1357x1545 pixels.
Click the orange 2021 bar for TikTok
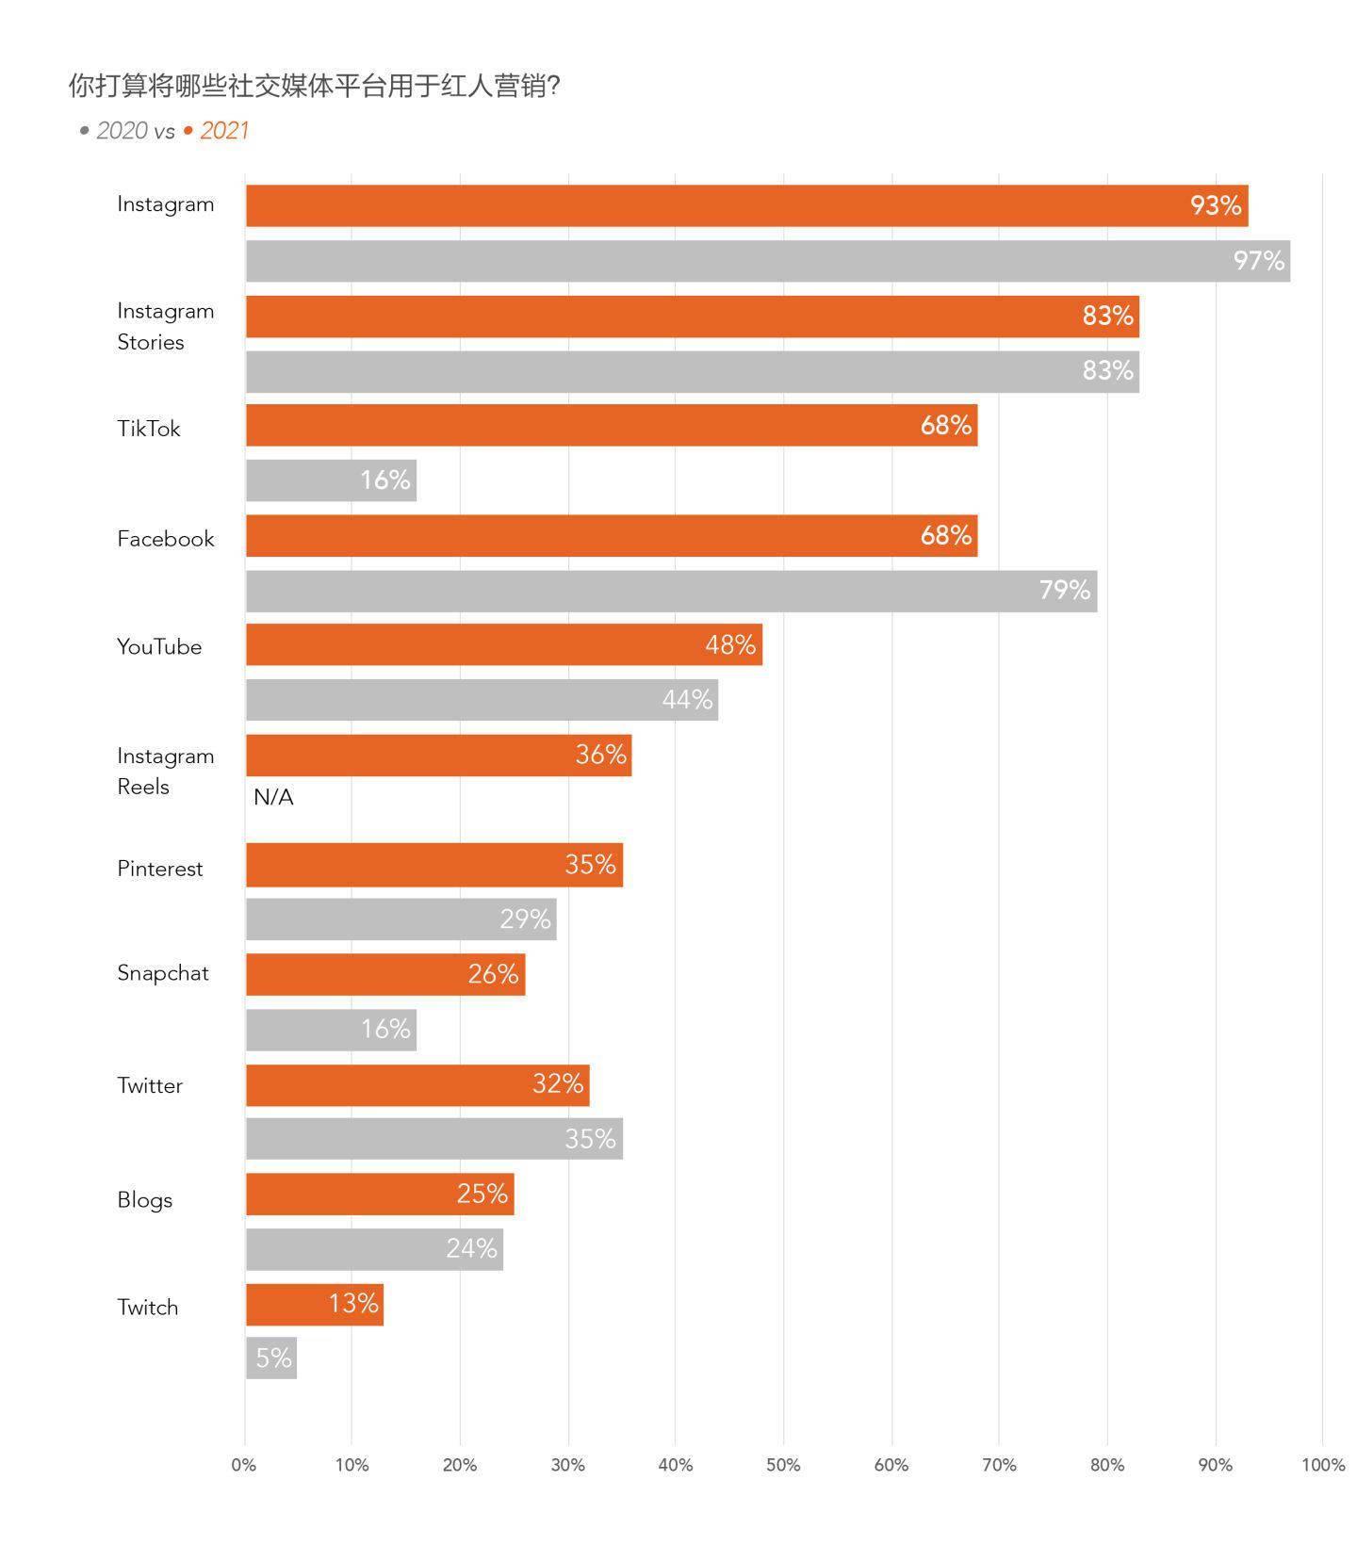[611, 425]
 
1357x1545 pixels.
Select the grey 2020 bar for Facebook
[671, 591]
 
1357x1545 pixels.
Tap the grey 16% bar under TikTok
[331, 480]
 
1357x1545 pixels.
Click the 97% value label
[1258, 261]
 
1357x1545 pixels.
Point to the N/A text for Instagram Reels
[273, 797]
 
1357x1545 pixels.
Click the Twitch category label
[147, 1307]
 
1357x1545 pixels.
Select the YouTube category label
[159, 646]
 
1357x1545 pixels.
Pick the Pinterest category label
[159, 868]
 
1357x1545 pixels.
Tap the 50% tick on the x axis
[783, 1465]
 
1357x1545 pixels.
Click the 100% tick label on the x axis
[1322, 1465]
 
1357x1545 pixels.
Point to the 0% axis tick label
[243, 1465]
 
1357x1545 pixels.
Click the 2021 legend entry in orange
[223, 131]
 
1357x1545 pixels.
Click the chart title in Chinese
[315, 87]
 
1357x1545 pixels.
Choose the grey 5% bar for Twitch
[271, 1358]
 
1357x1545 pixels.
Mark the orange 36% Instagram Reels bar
[438, 755]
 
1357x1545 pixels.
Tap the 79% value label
[1064, 590]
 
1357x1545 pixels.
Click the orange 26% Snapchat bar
[384, 974]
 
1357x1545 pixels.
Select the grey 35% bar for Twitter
[433, 1139]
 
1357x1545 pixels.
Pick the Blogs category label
[144, 1199]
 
